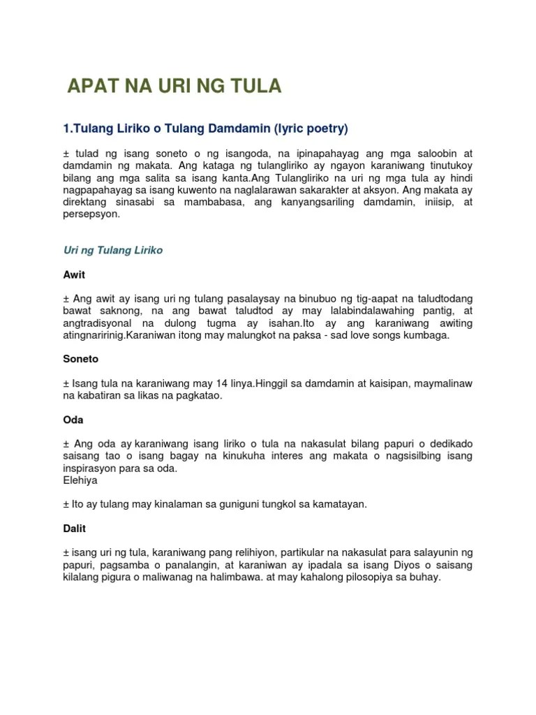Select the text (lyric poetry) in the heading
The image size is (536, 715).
click(311, 128)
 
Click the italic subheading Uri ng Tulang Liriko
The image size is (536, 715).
click(112, 250)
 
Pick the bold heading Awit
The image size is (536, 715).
click(74, 275)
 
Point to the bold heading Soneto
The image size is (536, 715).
click(81, 359)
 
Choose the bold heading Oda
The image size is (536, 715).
click(73, 420)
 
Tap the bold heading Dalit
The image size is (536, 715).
click(74, 529)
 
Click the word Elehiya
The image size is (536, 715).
click(80, 480)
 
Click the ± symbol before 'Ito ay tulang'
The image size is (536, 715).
click(66, 504)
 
